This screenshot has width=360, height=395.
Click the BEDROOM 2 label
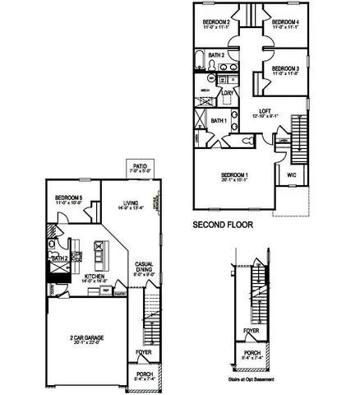click(215, 22)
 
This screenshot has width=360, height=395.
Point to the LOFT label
click(265, 111)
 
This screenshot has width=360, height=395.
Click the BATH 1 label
click(218, 120)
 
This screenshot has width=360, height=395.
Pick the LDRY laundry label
click(228, 93)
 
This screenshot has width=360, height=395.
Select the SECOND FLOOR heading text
click(222, 224)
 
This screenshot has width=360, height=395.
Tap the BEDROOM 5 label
click(69, 197)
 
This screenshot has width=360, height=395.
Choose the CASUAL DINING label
click(145, 267)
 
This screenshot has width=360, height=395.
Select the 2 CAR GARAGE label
click(86, 338)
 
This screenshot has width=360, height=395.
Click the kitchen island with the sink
click(99, 255)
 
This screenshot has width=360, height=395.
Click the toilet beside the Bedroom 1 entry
click(248, 141)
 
